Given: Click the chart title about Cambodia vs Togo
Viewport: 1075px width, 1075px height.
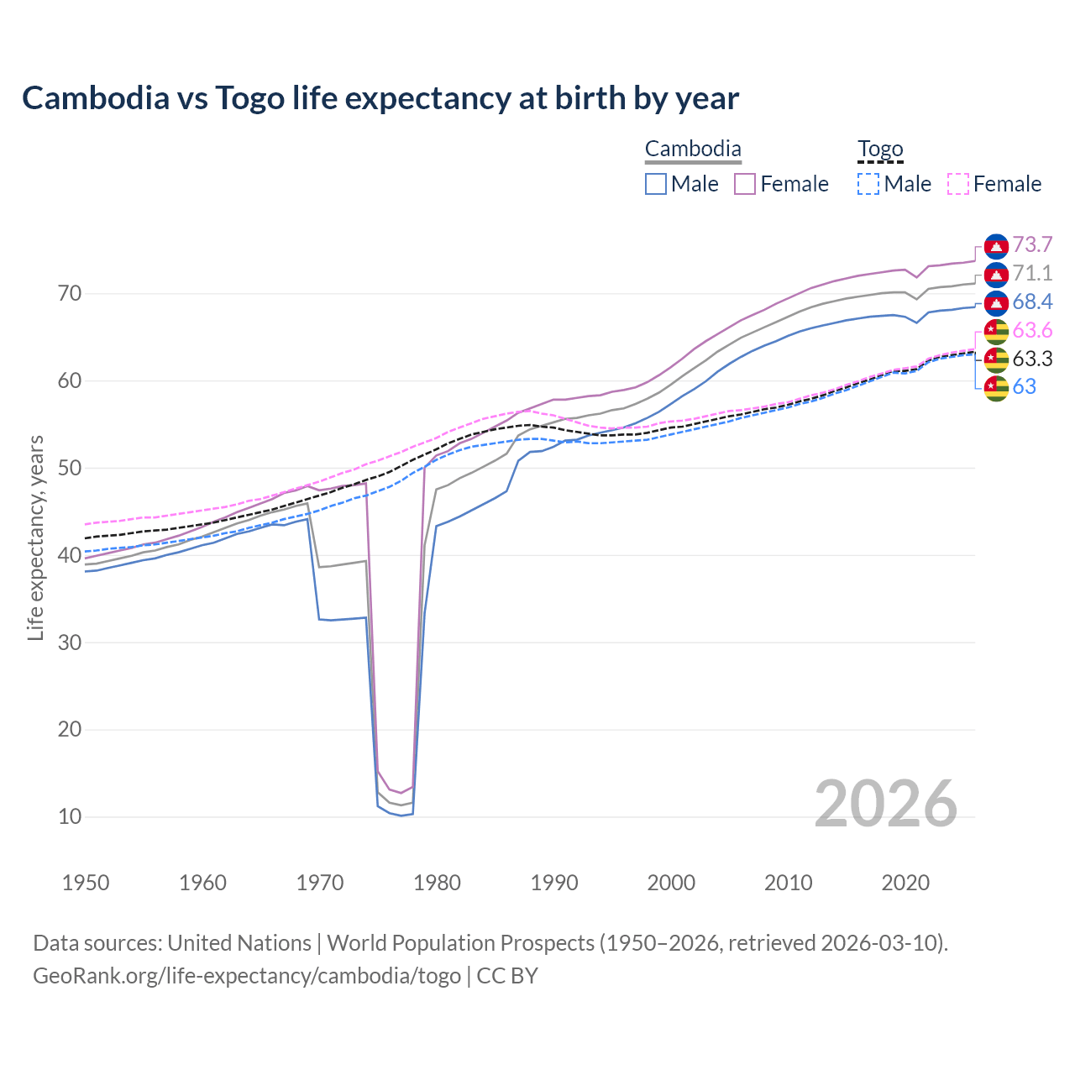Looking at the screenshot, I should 380,98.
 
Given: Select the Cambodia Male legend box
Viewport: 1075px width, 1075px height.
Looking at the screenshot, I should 656,184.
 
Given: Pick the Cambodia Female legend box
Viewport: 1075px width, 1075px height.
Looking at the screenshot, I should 745,184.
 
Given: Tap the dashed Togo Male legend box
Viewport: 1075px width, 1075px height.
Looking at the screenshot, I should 868,184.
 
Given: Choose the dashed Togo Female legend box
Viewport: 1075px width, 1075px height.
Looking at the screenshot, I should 958,184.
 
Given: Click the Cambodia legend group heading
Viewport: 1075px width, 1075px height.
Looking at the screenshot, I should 693,149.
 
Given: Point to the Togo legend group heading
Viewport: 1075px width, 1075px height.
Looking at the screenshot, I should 880,149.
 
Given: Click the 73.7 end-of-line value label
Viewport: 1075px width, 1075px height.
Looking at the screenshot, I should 1032,244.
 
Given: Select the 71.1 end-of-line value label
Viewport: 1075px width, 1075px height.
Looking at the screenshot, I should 1032,273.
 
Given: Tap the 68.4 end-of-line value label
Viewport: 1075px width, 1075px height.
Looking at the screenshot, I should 1032,302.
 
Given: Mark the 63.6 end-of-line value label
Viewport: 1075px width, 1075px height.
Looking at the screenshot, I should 1032,330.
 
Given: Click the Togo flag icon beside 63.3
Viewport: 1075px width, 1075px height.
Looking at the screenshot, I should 996,359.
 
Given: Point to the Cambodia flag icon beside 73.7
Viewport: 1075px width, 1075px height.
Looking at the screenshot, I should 996,245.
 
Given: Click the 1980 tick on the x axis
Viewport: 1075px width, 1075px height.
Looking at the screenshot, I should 438,883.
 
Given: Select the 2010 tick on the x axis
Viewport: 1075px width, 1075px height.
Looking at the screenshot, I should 789,883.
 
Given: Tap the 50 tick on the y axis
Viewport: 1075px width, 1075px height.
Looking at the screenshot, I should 70,468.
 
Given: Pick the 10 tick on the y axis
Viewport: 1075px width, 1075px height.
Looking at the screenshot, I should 70,816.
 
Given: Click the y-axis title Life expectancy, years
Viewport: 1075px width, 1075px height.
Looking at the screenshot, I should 35,537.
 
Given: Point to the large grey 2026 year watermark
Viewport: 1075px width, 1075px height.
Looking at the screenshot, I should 886,804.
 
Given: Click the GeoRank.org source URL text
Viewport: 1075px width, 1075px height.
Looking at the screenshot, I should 247,976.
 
